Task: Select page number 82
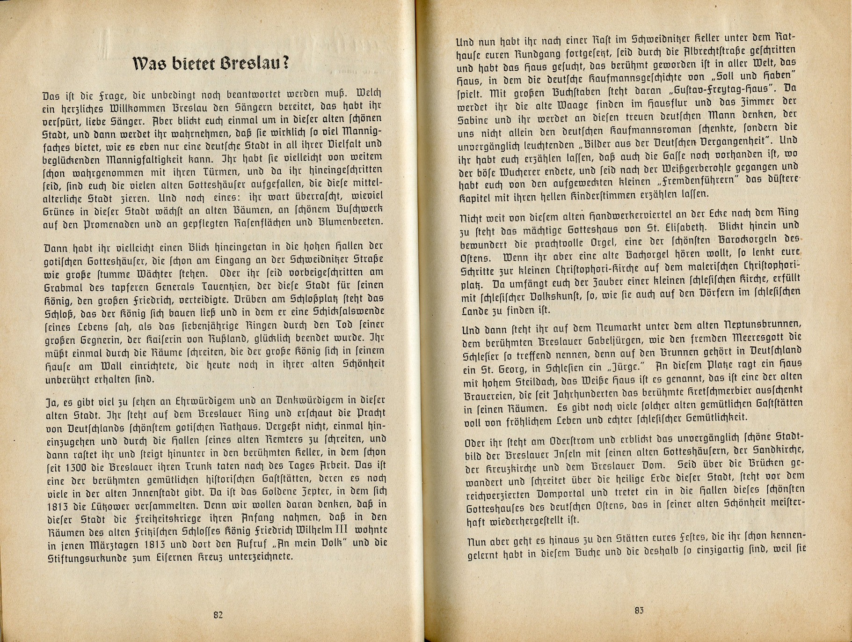pyautogui.click(x=218, y=615)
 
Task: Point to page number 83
pyautogui.click(x=639, y=610)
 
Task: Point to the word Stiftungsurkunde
pyautogui.click(x=84, y=558)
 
